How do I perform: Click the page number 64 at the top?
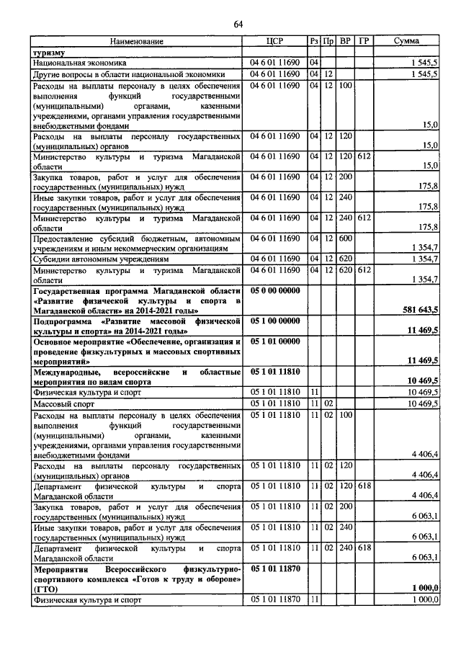click(238, 26)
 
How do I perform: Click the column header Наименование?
click(137, 42)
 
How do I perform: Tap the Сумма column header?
click(406, 42)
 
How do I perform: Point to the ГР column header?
click(364, 42)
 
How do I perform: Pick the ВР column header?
click(346, 42)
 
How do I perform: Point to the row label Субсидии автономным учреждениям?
click(100, 258)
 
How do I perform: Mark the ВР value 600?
click(345, 237)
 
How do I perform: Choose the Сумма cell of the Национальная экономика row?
click(424, 63)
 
